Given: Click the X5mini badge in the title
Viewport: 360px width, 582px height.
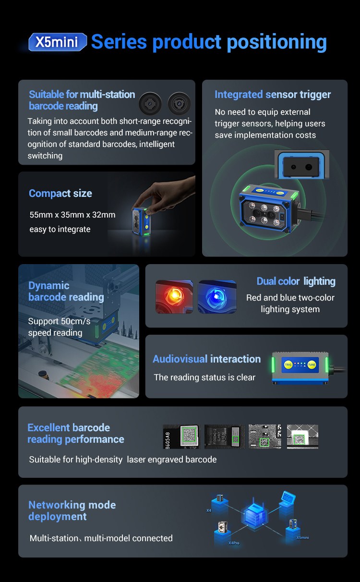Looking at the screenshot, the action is pos(58,42).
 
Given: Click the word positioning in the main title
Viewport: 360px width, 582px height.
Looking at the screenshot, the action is pos(277,42).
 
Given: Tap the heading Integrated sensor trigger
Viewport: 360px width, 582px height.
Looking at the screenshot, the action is pos(273,95).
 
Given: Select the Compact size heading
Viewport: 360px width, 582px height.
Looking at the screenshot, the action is pos(60,194).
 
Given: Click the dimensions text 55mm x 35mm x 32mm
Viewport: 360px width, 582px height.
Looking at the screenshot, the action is pos(72,215).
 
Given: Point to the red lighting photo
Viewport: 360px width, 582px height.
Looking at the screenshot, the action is pos(174,297).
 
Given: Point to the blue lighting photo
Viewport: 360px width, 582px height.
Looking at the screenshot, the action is pos(217,297).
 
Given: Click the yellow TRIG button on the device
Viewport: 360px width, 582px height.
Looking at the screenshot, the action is pos(288,365).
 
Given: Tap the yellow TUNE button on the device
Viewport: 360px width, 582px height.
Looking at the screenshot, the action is pos(312,365).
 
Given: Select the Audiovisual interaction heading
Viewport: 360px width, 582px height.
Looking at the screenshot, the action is pos(207,359).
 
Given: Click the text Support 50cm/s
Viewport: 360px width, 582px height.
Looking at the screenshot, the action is pos(59,321).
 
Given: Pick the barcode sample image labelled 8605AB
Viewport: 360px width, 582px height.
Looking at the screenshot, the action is pos(181,436).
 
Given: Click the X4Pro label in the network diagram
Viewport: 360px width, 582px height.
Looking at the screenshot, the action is pos(234,543).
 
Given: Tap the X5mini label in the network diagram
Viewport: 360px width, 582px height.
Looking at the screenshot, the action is pos(302,537).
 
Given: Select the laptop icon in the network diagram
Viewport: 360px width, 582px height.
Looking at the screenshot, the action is pos(288,497).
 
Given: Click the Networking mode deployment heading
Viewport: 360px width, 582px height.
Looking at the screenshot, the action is pos(72,510).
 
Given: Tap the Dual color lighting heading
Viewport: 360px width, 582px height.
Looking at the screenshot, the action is pos(296,281).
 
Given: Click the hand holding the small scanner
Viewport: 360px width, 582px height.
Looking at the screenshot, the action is pos(166,195).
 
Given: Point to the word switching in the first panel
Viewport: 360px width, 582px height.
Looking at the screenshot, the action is pos(45,156).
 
